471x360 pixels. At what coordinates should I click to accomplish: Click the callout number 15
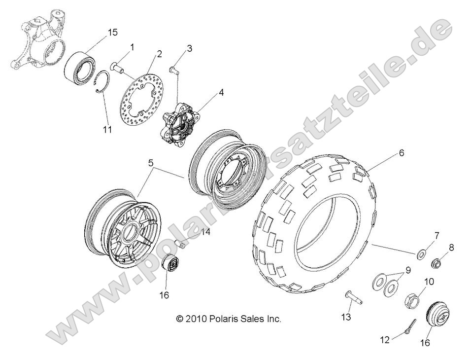[113, 33]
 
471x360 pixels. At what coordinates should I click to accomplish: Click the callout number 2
[159, 54]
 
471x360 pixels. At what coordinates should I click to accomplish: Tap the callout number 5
[151, 162]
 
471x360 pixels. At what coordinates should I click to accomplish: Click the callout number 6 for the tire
[402, 153]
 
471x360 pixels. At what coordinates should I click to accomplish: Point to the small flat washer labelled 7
[422, 254]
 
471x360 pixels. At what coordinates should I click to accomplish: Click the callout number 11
[107, 130]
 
